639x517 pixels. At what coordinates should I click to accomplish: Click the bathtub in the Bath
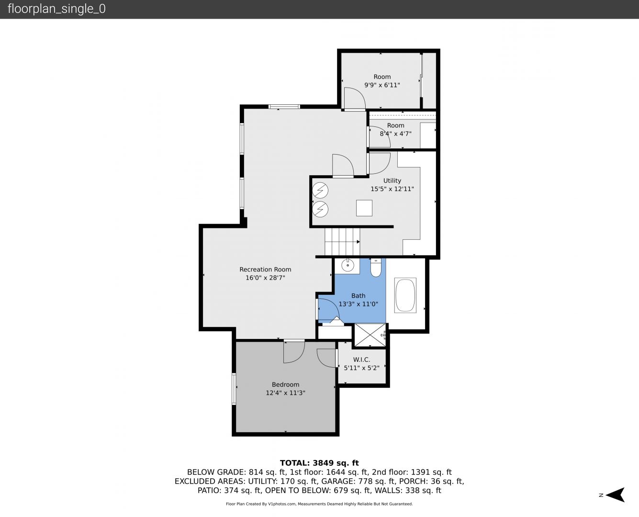click(405, 295)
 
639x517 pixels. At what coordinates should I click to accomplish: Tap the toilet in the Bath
click(376, 268)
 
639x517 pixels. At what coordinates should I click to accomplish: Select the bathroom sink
click(348, 266)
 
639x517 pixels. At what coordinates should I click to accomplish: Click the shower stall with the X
click(370, 335)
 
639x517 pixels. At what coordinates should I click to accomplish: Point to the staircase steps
click(342, 242)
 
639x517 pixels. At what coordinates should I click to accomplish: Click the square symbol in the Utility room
click(364, 208)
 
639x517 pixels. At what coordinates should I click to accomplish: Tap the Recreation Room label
click(265, 270)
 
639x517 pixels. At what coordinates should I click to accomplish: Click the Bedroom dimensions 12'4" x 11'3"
click(285, 393)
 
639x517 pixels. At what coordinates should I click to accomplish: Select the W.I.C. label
click(361, 360)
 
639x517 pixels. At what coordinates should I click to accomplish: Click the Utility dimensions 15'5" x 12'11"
click(392, 189)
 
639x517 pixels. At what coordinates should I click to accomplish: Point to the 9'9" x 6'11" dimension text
click(382, 85)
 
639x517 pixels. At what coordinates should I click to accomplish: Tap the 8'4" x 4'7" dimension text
click(395, 134)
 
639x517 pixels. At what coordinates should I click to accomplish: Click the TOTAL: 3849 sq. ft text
click(319, 463)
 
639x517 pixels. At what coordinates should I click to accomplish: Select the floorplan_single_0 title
click(56, 9)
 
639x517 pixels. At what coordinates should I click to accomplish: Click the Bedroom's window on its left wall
click(234, 389)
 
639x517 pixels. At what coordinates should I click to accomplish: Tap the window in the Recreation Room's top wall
click(284, 107)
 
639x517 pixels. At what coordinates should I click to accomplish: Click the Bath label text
click(358, 296)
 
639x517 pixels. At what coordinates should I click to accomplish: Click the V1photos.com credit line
click(319, 504)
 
